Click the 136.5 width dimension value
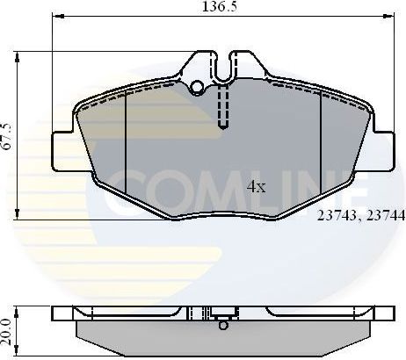click(x=212, y=7)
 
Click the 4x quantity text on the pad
click(x=256, y=186)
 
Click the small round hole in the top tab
click(x=199, y=87)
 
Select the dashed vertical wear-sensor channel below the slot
click(x=223, y=110)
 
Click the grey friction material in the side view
click(x=224, y=338)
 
